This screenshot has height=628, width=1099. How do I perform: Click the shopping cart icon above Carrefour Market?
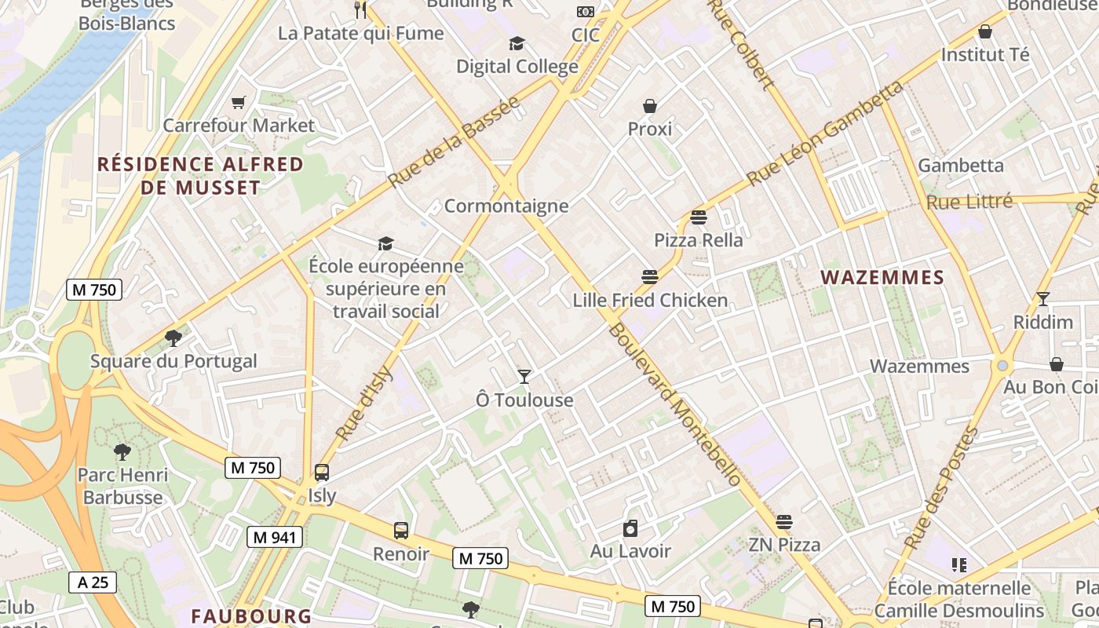tap(238, 102)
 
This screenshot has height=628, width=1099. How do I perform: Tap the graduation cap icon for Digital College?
tap(517, 43)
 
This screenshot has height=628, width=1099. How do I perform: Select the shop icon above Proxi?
tap(650, 106)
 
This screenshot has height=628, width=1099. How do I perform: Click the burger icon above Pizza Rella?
tap(699, 217)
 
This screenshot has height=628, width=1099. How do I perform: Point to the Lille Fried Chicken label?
tap(650, 300)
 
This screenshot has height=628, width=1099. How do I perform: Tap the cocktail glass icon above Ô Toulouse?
tap(524, 377)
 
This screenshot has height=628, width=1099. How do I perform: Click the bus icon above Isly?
tap(322, 473)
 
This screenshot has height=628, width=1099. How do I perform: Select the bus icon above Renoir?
tap(401, 531)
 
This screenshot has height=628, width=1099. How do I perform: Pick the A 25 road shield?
tap(93, 582)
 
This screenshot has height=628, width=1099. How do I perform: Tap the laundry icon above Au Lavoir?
tap(630, 528)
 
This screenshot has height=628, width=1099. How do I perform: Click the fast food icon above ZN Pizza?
tap(783, 522)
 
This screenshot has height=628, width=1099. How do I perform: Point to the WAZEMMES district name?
tap(882, 277)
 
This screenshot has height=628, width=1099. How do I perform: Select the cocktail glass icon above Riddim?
tap(1042, 299)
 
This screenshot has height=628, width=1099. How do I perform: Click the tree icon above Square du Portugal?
tap(173, 338)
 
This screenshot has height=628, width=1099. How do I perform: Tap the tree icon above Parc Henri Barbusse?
tap(122, 452)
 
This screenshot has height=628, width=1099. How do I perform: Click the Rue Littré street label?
tap(969, 202)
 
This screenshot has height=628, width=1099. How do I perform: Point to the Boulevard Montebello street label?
tap(674, 404)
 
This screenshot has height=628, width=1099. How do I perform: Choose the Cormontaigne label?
tap(506, 206)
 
